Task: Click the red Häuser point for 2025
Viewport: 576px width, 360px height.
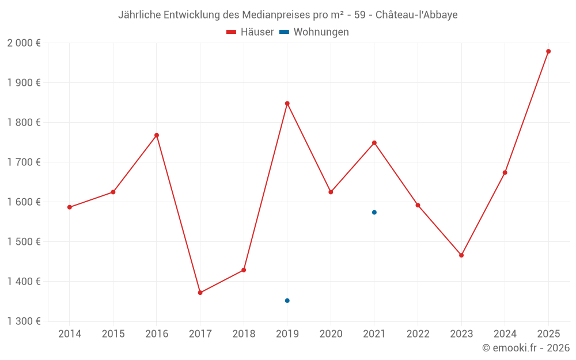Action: (548, 51)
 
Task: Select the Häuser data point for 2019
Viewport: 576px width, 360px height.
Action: (287, 104)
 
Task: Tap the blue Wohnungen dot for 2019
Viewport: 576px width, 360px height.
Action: (287, 301)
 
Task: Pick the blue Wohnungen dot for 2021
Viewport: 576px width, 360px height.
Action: (374, 213)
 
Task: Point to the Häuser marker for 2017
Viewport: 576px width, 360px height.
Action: (200, 293)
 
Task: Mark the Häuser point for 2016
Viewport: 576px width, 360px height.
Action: (157, 135)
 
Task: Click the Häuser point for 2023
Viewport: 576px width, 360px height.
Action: (461, 255)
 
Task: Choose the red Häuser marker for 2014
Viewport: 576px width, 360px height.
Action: (70, 207)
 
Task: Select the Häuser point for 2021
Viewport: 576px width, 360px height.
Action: (374, 143)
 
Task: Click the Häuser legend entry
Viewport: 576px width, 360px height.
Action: (250, 32)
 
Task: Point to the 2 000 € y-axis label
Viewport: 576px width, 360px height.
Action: (24, 43)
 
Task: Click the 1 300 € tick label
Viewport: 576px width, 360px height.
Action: (24, 321)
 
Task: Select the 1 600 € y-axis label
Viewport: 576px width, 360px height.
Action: (24, 202)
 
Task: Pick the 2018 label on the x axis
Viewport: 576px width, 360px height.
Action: (244, 334)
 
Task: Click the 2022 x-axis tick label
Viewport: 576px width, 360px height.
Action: (418, 334)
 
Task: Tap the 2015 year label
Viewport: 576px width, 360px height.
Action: (113, 334)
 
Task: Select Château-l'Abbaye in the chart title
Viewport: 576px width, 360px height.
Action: (416, 15)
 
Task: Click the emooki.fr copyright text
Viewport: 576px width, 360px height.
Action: (526, 348)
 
